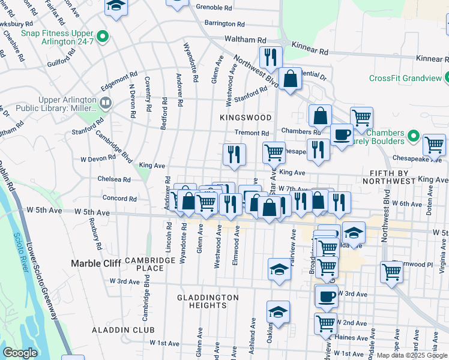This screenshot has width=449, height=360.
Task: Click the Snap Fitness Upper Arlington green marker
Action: (x=102, y=37)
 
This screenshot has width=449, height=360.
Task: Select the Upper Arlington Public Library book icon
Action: (x=106, y=103)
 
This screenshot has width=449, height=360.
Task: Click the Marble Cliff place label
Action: (x=95, y=263)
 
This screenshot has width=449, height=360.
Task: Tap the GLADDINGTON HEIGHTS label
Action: (x=208, y=301)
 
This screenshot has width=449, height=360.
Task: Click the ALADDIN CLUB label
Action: (x=123, y=330)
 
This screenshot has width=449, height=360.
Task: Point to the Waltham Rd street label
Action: (x=245, y=39)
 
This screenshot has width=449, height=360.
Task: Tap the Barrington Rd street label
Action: (x=224, y=24)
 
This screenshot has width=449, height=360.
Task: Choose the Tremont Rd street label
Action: (x=252, y=133)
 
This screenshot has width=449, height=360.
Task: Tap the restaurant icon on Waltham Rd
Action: (x=271, y=57)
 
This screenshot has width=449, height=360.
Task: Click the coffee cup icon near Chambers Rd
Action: (x=342, y=135)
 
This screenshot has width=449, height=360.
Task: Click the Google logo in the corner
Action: (x=20, y=353)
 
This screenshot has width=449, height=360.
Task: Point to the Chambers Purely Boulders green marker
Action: (x=414, y=137)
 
